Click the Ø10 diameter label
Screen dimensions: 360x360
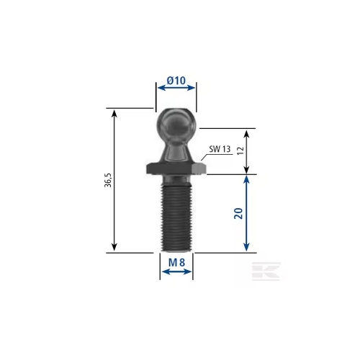pyautogui.click(x=176, y=81)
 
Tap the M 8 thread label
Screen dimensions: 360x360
pyautogui.click(x=176, y=263)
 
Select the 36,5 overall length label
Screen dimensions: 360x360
pyautogui.click(x=108, y=180)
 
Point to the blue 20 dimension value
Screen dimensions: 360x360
pyautogui.click(x=238, y=213)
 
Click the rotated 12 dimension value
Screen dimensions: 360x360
pyautogui.click(x=240, y=150)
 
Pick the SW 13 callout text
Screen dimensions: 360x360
pyautogui.click(x=220, y=149)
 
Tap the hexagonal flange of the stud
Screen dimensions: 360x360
pyautogui.click(x=176, y=168)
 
